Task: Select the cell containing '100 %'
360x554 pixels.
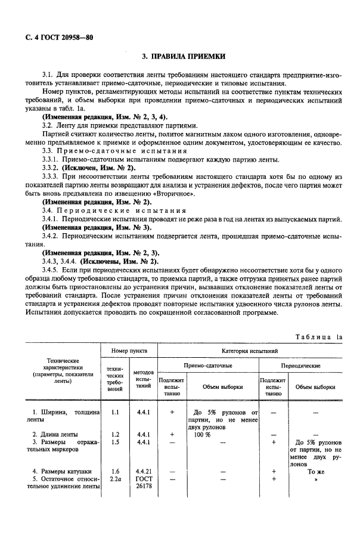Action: coord(203,434)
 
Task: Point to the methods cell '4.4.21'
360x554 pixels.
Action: coord(143,471)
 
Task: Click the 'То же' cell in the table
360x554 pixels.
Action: coord(315,471)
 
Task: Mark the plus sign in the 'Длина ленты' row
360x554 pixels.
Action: coord(172,434)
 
